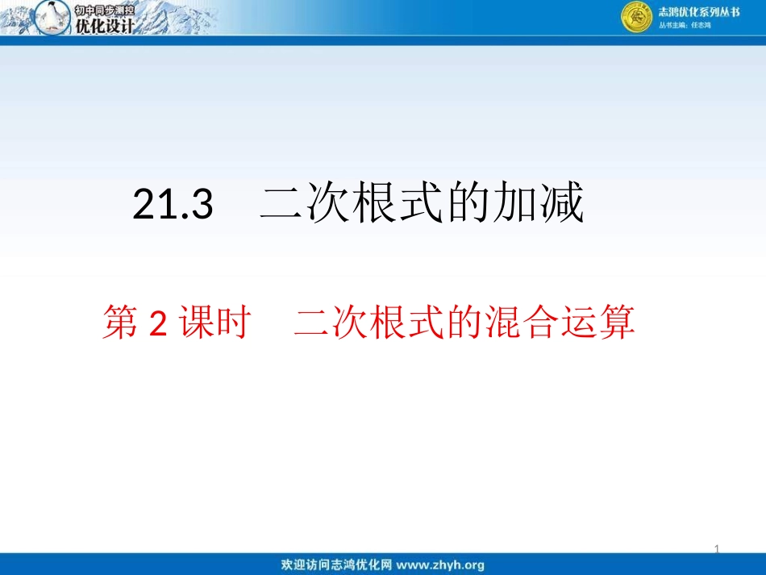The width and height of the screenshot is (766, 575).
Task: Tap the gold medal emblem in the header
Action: point(636,18)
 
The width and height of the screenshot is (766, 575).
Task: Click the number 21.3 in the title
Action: point(173,206)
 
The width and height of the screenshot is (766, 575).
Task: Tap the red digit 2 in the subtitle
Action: point(158,324)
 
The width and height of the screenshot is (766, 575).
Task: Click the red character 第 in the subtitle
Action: point(120,324)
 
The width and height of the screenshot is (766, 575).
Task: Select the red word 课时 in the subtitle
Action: point(211,324)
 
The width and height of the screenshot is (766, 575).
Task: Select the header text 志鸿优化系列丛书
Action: point(698,11)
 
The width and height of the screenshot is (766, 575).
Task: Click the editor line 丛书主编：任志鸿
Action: point(685,26)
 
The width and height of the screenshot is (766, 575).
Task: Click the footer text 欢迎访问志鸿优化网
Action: point(336,565)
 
